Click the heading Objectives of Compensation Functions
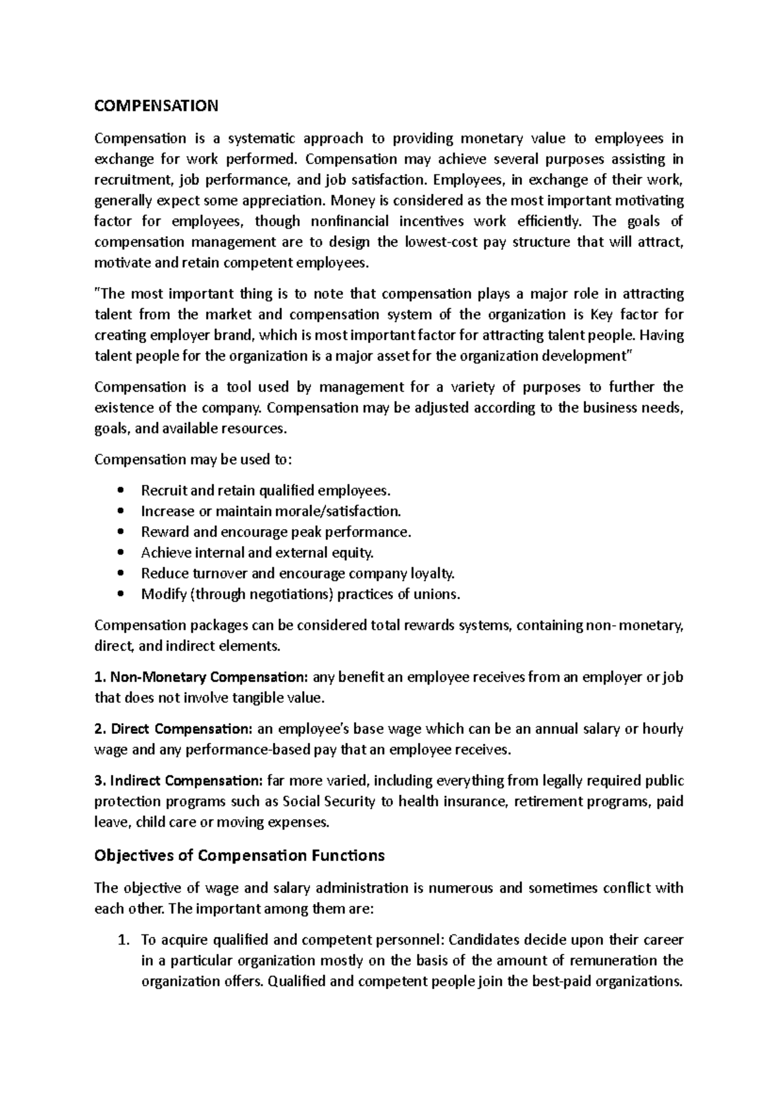[239, 855]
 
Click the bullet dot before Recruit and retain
[118, 491]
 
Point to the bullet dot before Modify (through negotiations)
[118, 595]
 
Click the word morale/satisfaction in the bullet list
[338, 511]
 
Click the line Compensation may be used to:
[193, 460]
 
